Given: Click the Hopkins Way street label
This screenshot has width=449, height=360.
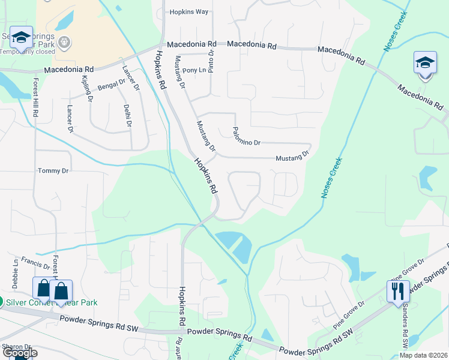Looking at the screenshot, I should tap(188, 11).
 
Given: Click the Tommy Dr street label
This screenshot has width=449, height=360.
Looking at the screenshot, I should tap(53, 171).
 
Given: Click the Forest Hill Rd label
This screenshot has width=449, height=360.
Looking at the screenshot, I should tap(35, 97).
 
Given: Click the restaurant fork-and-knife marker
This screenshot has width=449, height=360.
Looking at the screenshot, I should tap(398, 292).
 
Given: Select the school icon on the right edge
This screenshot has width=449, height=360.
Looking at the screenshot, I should tap(424, 64).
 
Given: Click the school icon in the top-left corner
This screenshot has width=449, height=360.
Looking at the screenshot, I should tap(21, 39).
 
